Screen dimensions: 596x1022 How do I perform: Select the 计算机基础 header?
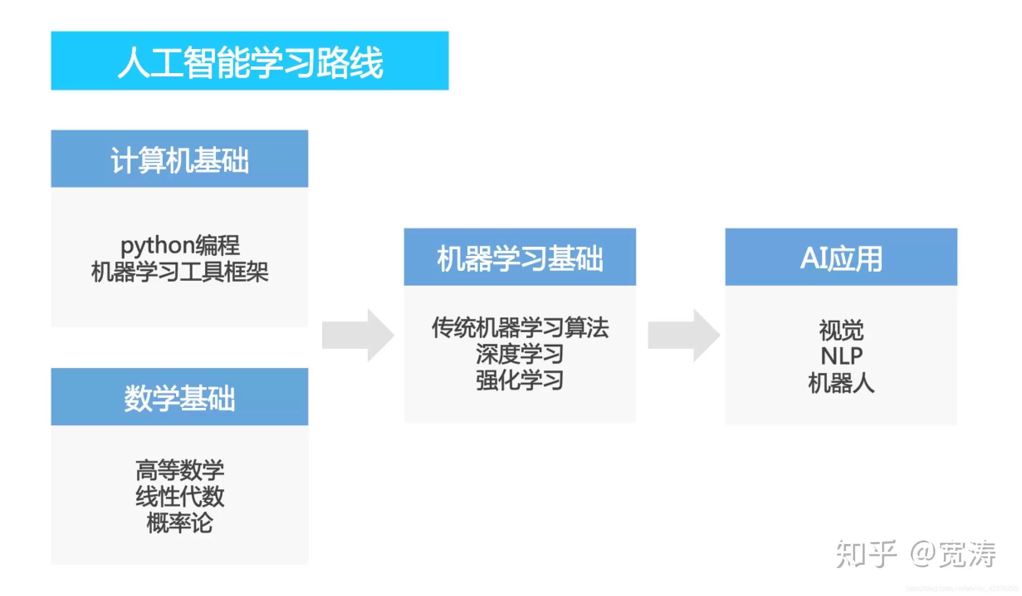179,159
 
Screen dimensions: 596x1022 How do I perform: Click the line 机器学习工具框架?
180,272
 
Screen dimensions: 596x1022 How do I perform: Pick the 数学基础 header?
179,397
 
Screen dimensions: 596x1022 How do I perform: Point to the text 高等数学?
180,470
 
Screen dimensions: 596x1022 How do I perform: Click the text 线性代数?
180,496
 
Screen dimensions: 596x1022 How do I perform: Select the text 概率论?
180,522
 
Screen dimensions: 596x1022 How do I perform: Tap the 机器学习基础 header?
520,258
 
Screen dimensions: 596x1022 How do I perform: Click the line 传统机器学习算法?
520,328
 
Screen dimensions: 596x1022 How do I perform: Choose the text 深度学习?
520,354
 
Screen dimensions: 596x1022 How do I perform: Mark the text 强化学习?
520,380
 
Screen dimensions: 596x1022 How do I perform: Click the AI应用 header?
841,258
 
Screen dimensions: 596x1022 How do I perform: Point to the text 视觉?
841,330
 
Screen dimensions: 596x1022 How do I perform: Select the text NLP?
841,356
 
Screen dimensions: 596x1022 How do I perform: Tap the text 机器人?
841,383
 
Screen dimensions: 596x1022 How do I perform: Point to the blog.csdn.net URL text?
961,589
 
